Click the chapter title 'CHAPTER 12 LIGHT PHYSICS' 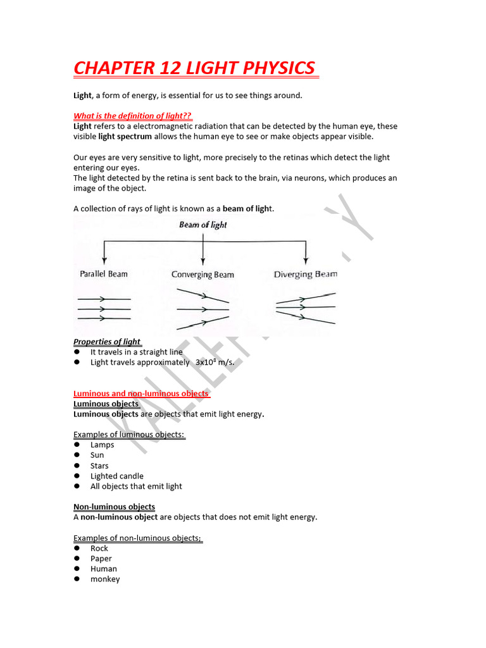point(195,68)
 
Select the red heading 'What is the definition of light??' point(133,116)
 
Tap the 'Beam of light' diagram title point(202,225)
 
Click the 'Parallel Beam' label point(104,274)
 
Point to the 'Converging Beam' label point(202,275)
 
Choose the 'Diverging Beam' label point(305,274)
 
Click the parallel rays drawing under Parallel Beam point(104,308)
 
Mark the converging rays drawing point(202,309)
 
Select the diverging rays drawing point(306,308)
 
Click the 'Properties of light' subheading point(107,342)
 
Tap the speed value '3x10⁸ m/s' point(215,363)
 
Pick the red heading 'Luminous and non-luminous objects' point(140,394)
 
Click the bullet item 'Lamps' point(102,445)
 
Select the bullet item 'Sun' point(97,455)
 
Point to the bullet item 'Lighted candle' point(116,476)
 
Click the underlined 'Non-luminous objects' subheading point(114,507)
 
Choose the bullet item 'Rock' point(99,548)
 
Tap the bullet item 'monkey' point(104,579)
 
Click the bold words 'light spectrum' point(129,137)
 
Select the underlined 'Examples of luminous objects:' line point(129,435)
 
